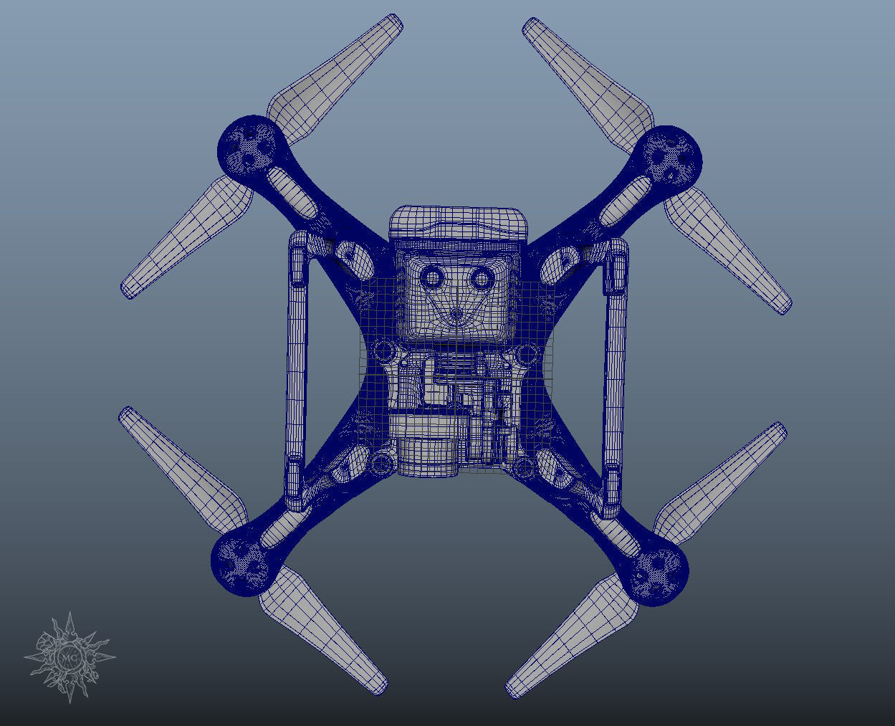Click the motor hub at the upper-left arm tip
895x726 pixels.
click(247, 146)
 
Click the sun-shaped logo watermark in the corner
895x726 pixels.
click(70, 656)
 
